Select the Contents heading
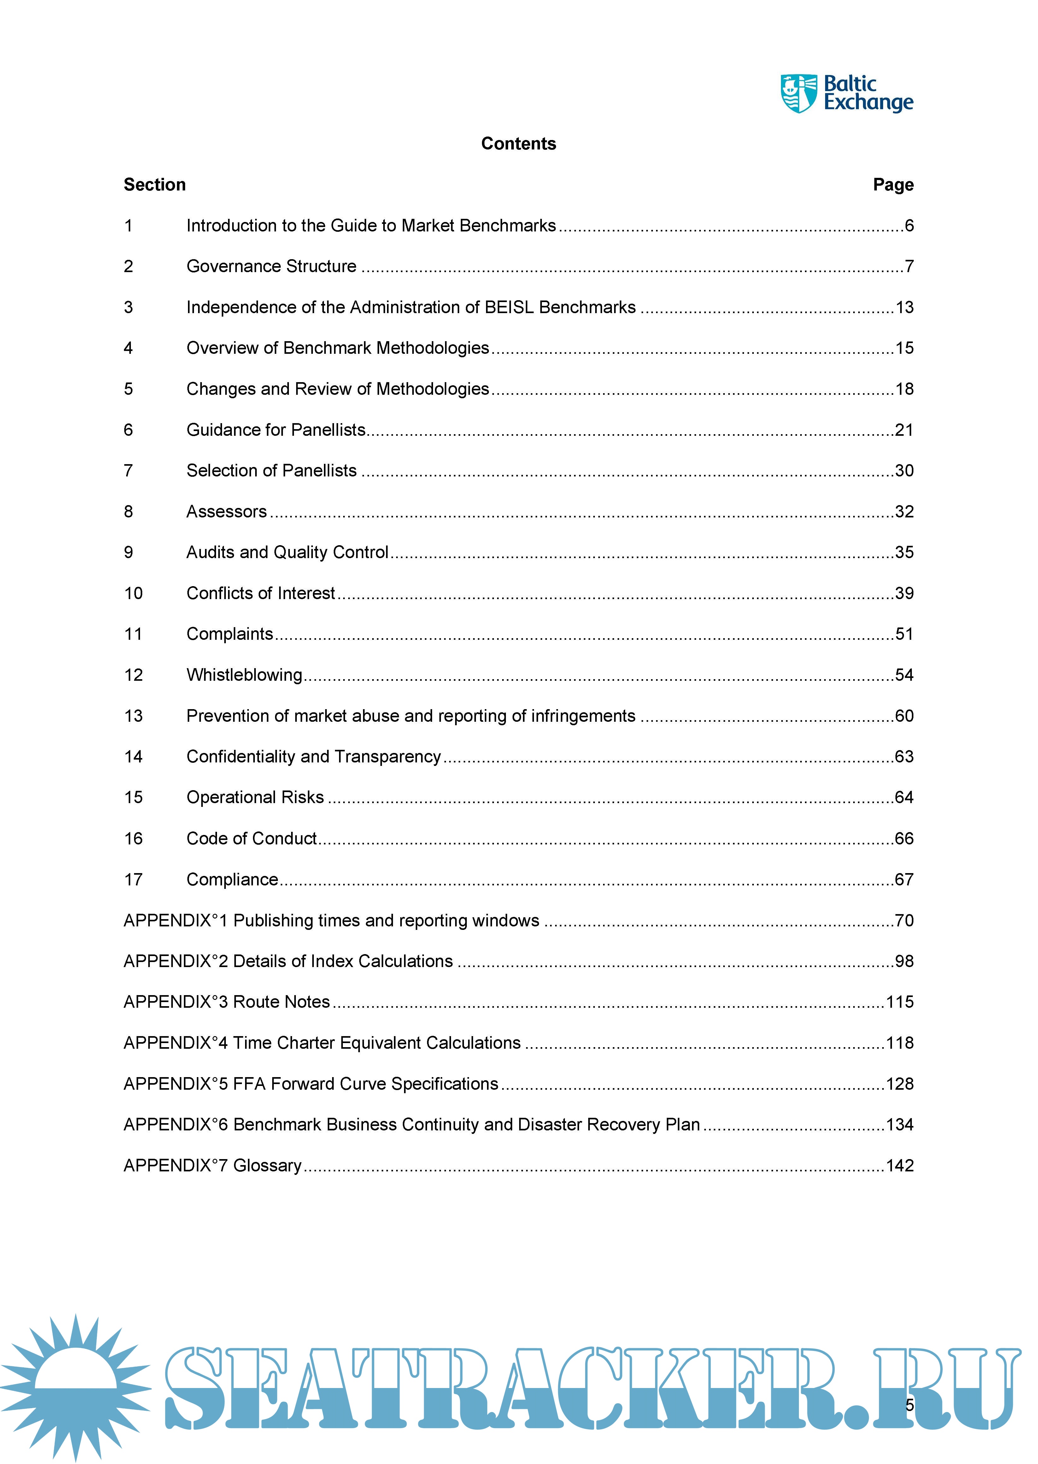click(x=518, y=144)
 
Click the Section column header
click(x=155, y=185)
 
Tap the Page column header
click(x=893, y=185)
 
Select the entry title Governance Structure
click(x=271, y=266)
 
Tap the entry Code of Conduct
click(x=251, y=838)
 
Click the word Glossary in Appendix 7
click(x=267, y=1166)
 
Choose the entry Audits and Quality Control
click(x=287, y=552)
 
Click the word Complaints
click(x=230, y=634)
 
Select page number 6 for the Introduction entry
click(x=909, y=225)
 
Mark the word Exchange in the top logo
click(x=868, y=103)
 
